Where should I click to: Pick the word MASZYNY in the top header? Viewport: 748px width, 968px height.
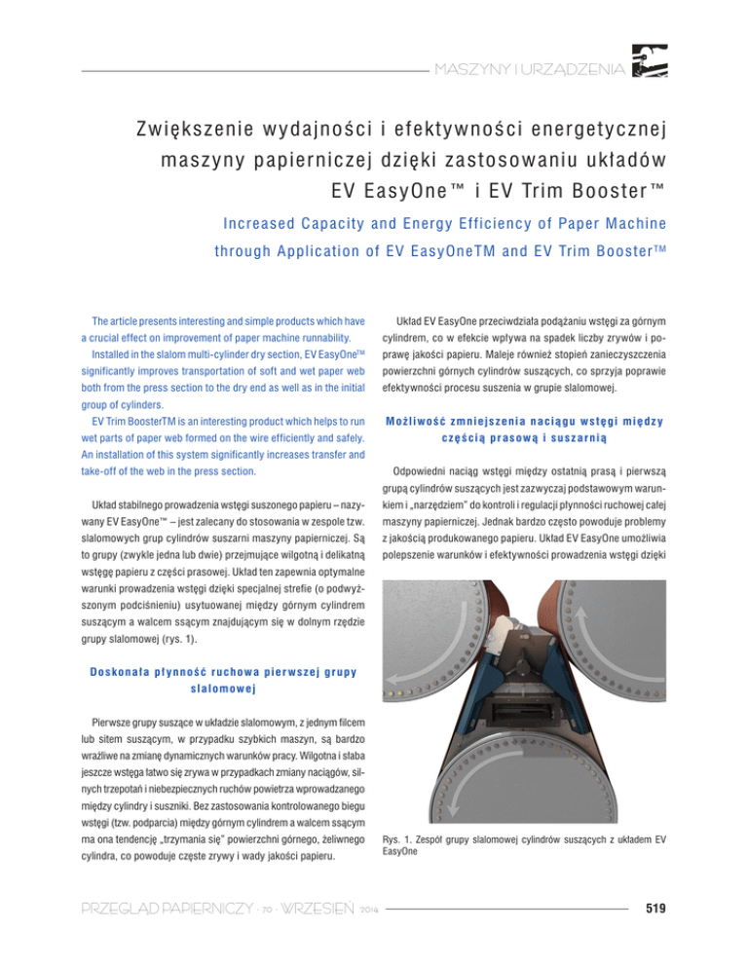[473, 70]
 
